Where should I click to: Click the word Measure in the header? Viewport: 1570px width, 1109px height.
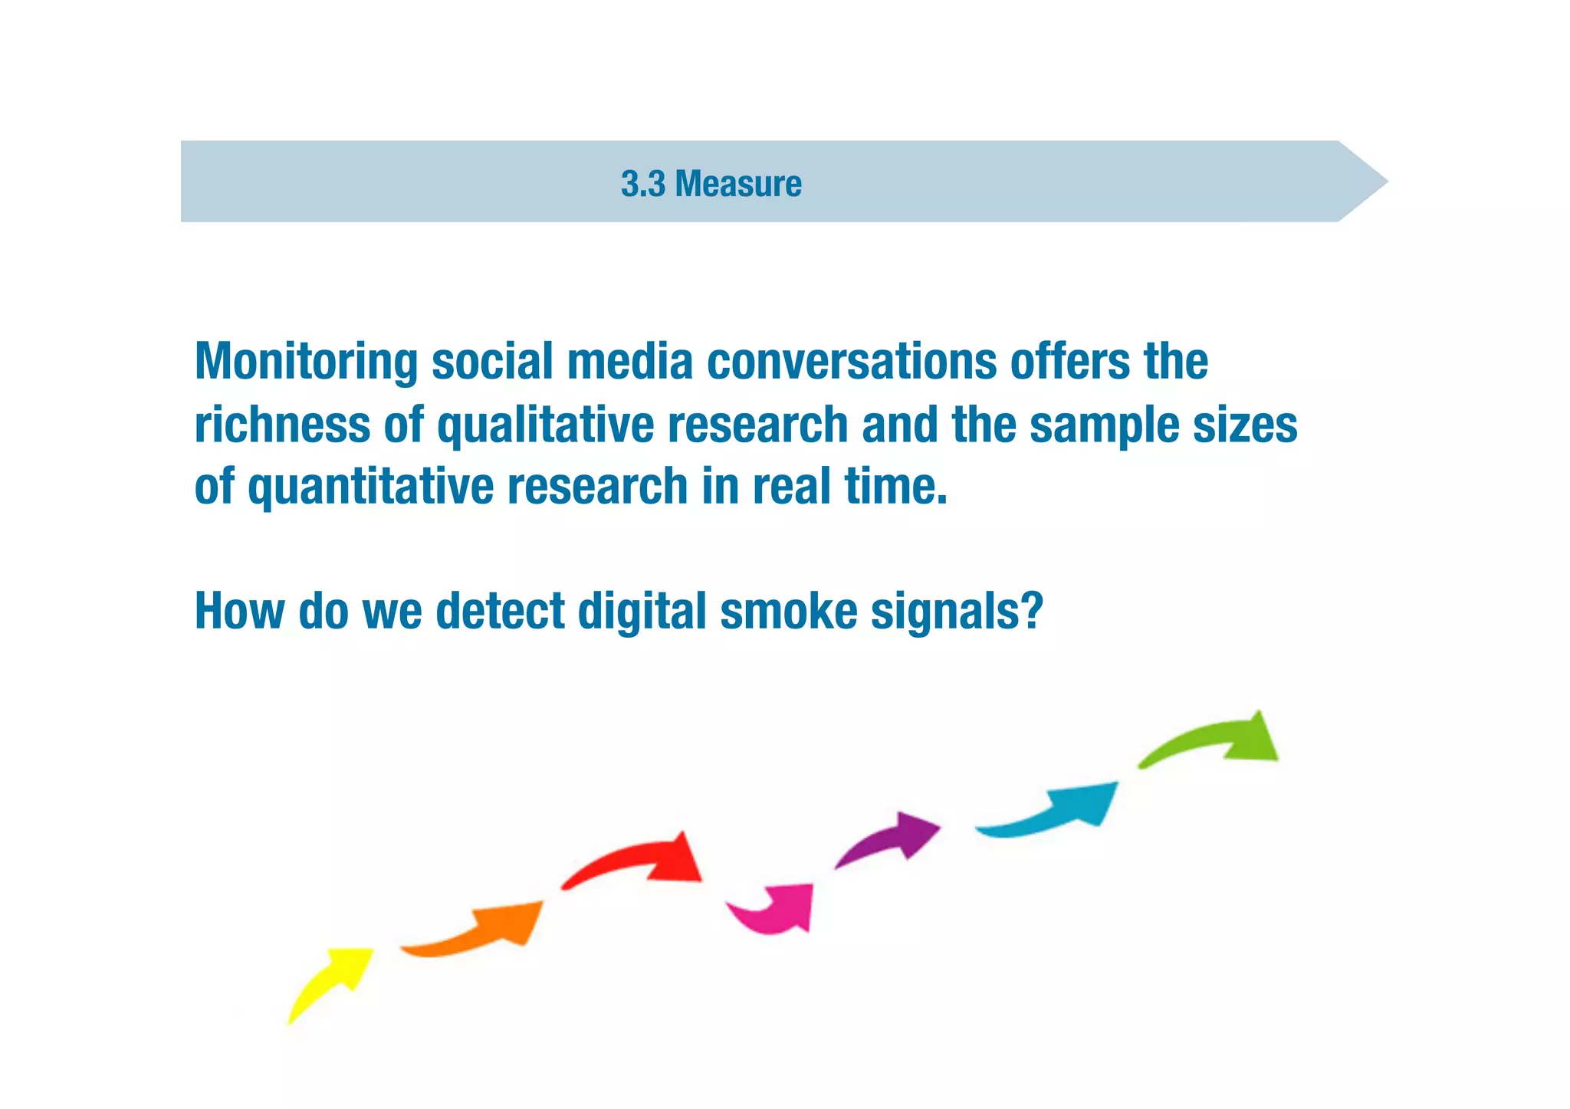[x=737, y=184]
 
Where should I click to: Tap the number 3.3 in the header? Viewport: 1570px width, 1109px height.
[x=643, y=184]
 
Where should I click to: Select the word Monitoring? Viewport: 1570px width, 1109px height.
[x=306, y=362]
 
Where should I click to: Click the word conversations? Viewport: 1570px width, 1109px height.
[x=851, y=362]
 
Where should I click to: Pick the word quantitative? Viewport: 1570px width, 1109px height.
[x=370, y=488]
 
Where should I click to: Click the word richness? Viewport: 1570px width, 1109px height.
[x=282, y=425]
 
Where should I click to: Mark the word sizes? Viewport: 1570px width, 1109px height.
[x=1245, y=425]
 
